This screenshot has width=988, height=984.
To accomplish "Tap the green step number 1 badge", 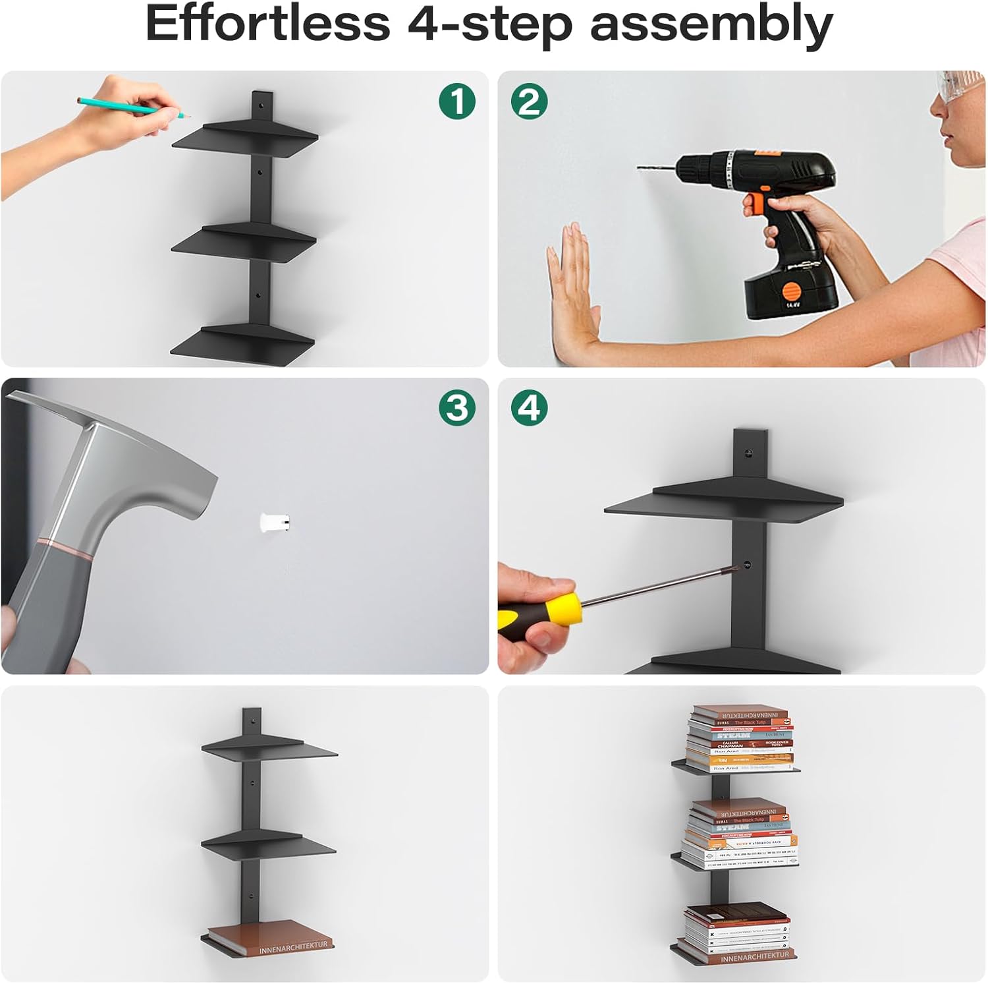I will [457, 101].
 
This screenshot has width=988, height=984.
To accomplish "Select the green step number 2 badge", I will [529, 101].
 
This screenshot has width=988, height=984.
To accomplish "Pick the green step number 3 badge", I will [457, 408].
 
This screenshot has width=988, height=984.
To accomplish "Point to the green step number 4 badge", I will [529, 408].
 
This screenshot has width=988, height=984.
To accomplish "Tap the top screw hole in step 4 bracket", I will [748, 453].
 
